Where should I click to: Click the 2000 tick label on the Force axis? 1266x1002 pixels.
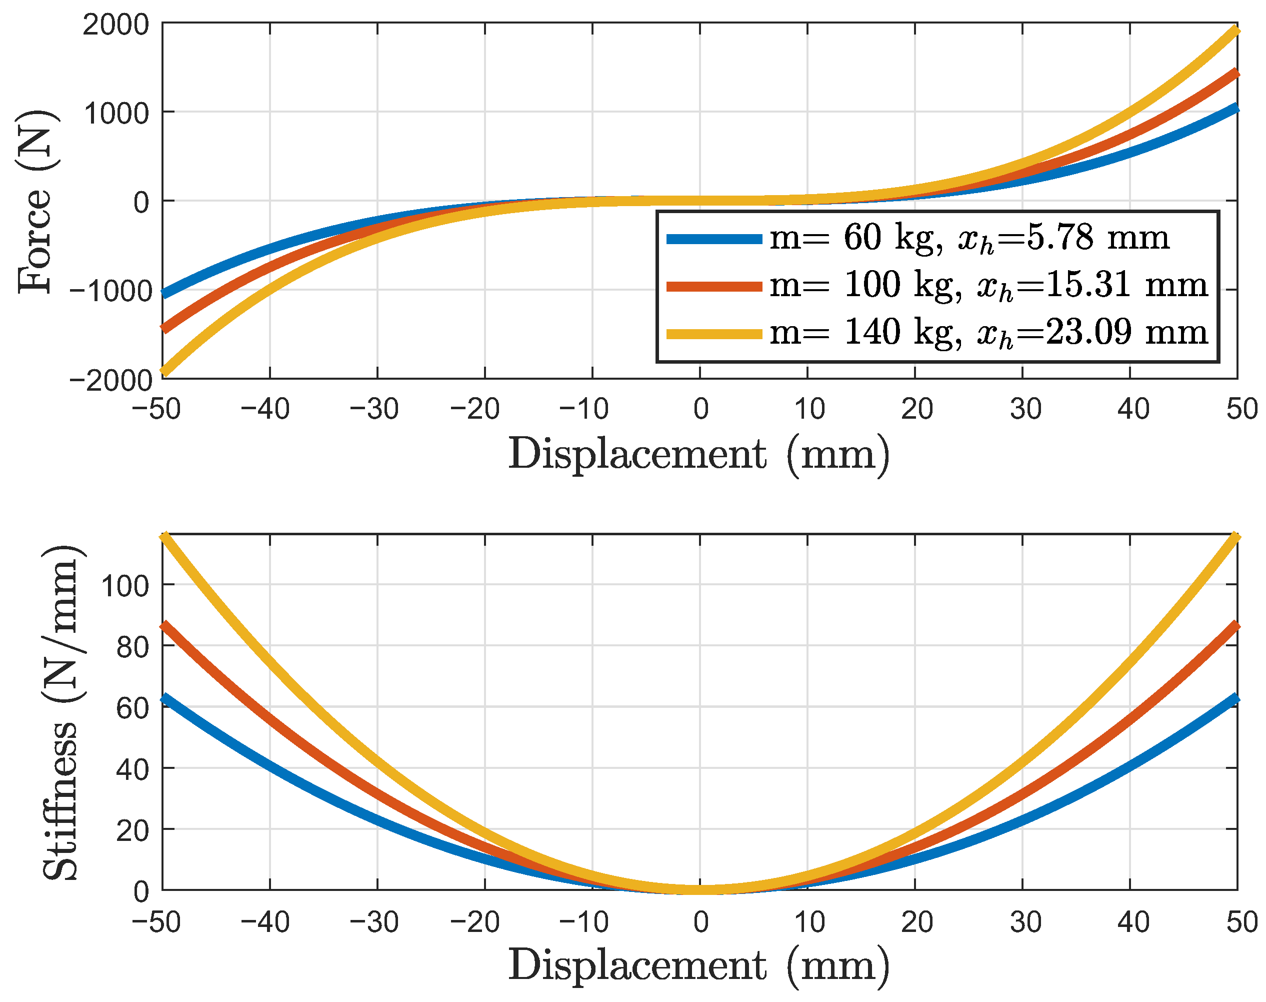pyautogui.click(x=115, y=25)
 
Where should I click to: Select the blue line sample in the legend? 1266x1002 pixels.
pyautogui.click(x=713, y=239)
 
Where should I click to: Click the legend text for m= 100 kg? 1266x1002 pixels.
pyautogui.click(x=864, y=286)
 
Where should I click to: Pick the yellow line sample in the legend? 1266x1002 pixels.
pyautogui.click(x=713, y=334)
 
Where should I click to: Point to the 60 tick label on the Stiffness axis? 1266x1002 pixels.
pyautogui.click(x=132, y=708)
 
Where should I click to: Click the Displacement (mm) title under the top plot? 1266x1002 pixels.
pyautogui.click(x=698, y=454)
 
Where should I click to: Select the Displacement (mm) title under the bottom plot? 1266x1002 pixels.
pyautogui.click(x=698, y=965)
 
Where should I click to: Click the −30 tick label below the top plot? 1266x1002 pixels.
pyautogui.click(x=373, y=409)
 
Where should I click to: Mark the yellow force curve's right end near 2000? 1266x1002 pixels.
pyautogui.click(x=1235, y=31)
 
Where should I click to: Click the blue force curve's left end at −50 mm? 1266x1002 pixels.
pyautogui.click(x=165, y=293)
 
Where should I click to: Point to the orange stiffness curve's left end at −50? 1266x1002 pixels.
pyautogui.click(x=165, y=625)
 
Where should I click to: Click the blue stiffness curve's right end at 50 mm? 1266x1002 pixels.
pyautogui.click(x=1235, y=698)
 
